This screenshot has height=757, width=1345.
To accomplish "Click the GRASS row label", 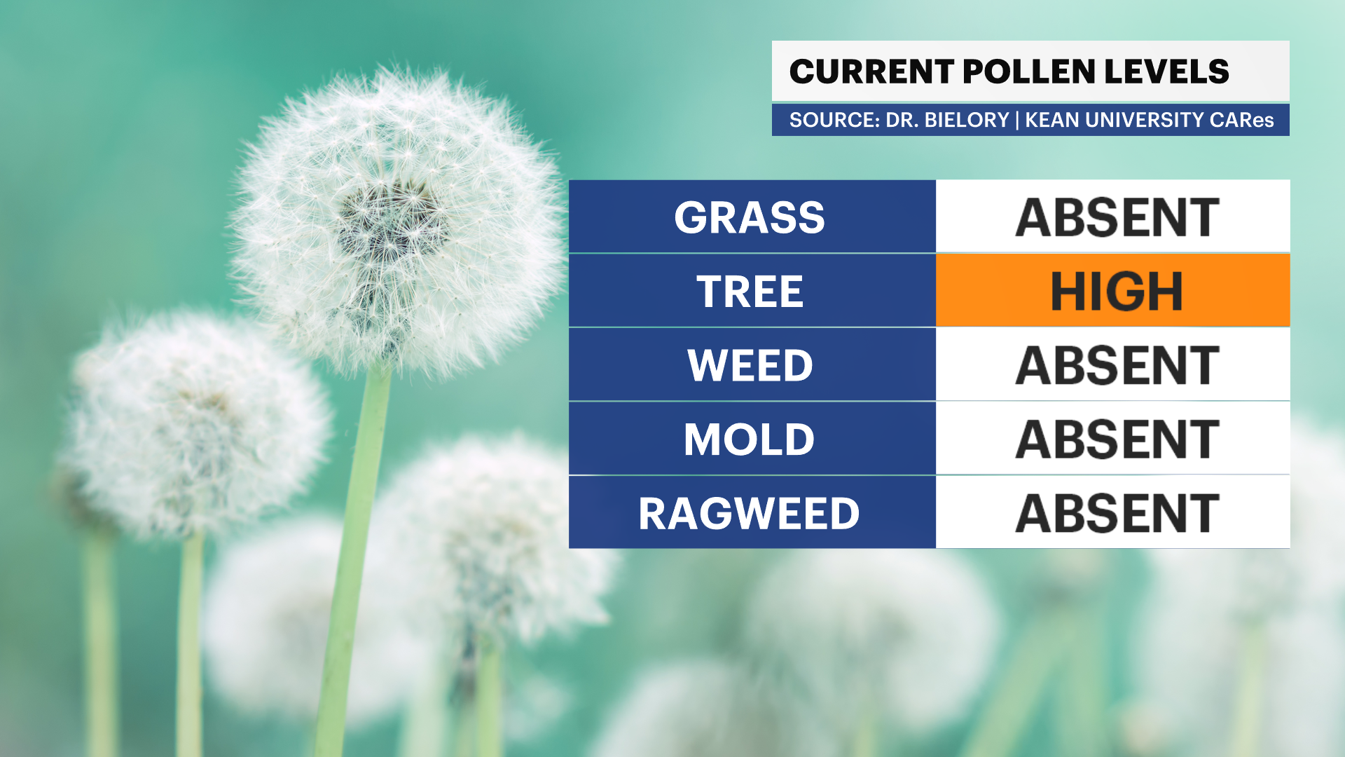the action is coord(750,217).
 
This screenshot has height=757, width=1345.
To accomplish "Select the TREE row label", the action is coord(750,292).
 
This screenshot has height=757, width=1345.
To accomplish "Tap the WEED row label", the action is coord(750,365).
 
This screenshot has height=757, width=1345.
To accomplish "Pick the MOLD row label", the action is coord(750,439).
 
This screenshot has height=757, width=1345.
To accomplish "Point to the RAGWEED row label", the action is coord(750,514).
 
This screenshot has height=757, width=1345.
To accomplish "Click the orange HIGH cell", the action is coord(1112,290).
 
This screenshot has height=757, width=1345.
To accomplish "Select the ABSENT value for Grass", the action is coord(1117,217).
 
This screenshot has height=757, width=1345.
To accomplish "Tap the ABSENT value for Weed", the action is coord(1117,365).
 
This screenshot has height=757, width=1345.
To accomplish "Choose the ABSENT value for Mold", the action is coord(1117,439).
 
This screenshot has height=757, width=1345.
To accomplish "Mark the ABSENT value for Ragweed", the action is coord(1117,514).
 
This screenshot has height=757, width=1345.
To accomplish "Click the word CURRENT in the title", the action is coord(871,71).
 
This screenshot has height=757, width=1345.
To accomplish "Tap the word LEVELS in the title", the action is coord(1167,71).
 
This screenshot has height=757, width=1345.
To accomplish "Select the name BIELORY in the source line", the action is coord(967,120).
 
